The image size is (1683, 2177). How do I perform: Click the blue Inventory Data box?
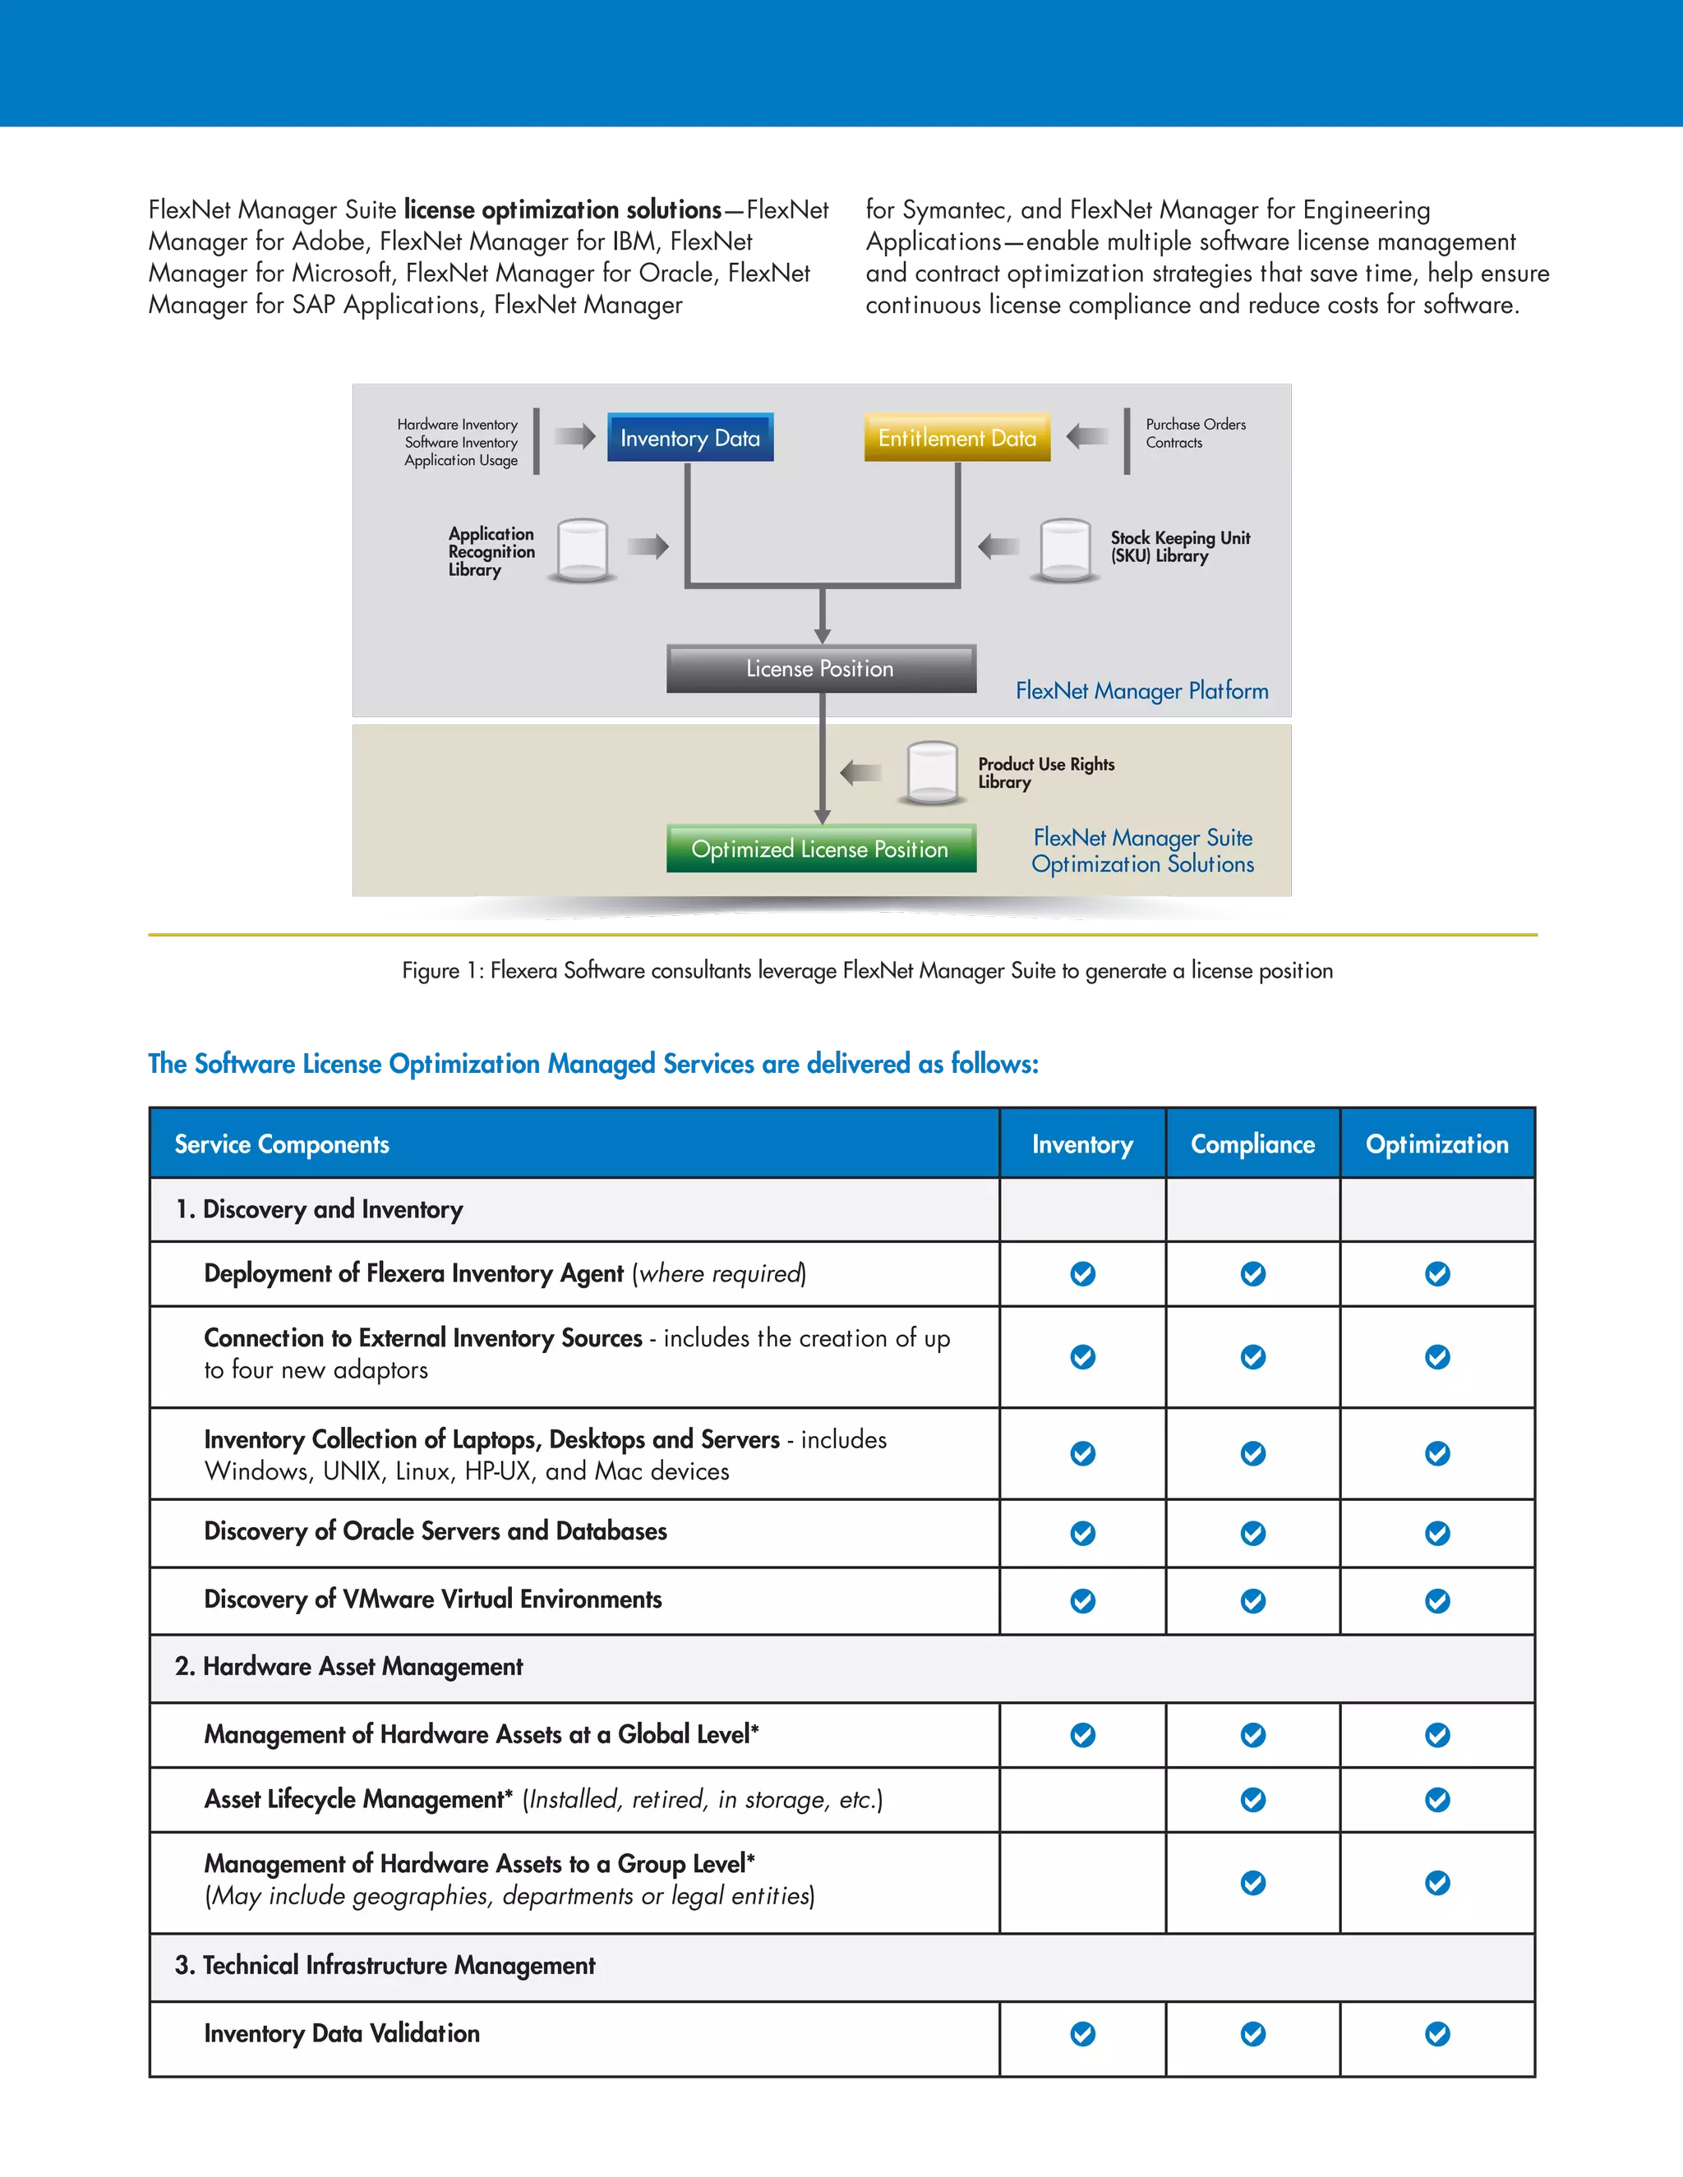(x=690, y=438)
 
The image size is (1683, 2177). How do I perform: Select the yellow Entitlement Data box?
(x=957, y=438)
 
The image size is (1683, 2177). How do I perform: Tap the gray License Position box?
(x=821, y=669)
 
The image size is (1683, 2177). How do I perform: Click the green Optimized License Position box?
(x=821, y=849)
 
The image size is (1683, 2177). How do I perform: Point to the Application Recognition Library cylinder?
(x=583, y=550)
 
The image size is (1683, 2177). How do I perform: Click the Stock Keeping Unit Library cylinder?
(x=1065, y=550)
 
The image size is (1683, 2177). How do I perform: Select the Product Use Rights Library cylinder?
(x=932, y=772)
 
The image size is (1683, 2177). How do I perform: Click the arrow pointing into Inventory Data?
(x=574, y=435)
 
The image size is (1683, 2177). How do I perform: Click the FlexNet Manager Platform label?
(x=1141, y=691)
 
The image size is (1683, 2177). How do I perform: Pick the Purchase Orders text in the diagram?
(x=1196, y=425)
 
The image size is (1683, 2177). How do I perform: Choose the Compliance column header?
(x=1252, y=1144)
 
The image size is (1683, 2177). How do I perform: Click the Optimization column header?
(x=1436, y=1144)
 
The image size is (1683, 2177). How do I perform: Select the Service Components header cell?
(x=282, y=1144)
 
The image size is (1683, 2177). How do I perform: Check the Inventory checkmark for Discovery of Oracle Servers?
(x=1083, y=1533)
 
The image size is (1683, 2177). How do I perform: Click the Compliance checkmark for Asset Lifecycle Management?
(x=1253, y=1799)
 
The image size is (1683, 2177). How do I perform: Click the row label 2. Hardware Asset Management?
(x=349, y=1667)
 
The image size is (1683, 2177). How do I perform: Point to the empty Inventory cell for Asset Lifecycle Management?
(x=1083, y=1799)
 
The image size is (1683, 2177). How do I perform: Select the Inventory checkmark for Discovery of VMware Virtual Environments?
(x=1083, y=1601)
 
